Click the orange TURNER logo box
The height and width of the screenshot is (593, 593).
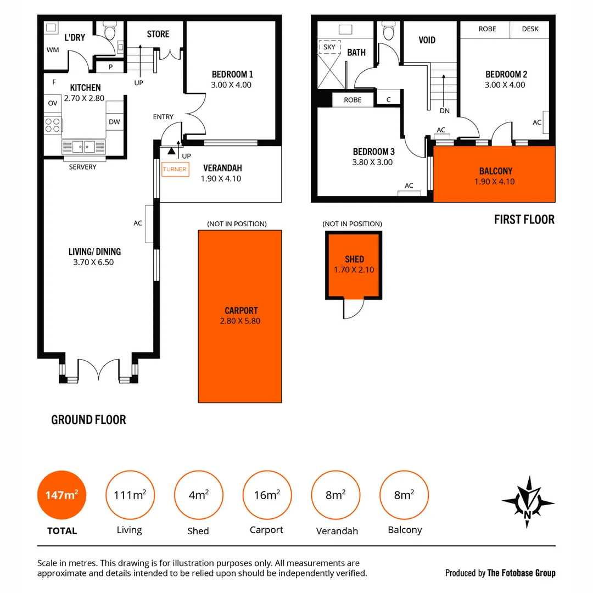175,169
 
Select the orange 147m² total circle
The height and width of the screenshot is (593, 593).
61,496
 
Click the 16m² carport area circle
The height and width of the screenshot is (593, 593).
267,496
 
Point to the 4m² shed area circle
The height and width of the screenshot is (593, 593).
198,496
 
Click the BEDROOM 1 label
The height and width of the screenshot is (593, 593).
232,74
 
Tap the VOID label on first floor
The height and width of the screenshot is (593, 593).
427,40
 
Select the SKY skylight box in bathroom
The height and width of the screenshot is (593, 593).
329,47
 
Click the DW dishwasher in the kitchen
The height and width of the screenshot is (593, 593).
114,122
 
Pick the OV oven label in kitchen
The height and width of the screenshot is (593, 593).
53,103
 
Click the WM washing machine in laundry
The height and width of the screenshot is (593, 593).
53,50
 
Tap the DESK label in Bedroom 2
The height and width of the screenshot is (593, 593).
530,29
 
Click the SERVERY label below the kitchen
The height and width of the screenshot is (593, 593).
83,167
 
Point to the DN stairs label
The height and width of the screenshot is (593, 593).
444,110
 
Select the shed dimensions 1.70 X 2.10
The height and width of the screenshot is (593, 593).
354,270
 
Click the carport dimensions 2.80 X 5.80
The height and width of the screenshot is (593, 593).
241,321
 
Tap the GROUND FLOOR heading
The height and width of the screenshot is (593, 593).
88,420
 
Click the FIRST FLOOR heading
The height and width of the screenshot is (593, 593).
524,220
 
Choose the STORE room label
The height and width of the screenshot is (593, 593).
158,34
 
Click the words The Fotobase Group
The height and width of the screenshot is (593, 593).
521,573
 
